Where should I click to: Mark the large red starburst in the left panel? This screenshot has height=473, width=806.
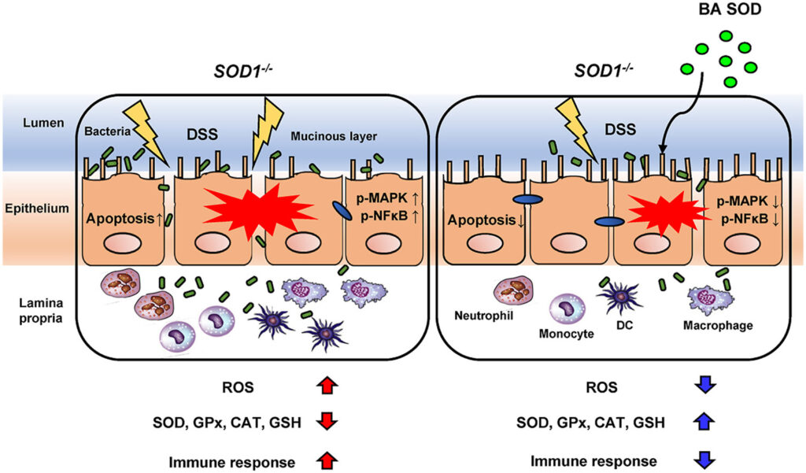(x=237, y=211)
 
